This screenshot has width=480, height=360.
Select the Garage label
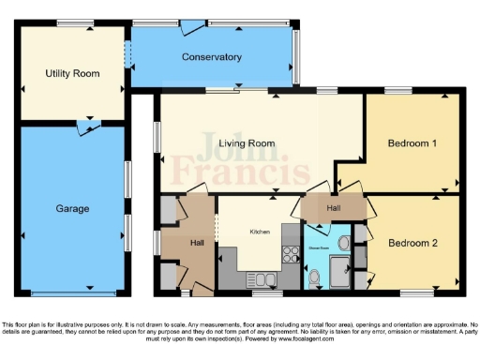(71, 208)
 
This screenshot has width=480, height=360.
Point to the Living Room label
(247, 143)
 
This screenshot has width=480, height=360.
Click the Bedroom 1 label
(412, 143)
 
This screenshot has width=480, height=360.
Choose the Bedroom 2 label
(413, 243)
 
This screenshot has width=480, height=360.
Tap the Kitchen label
(261, 231)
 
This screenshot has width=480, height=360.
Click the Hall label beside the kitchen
(197, 244)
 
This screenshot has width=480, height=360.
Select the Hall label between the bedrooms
(334, 208)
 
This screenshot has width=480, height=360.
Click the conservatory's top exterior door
(192, 24)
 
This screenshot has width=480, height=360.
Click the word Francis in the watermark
(257, 172)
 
